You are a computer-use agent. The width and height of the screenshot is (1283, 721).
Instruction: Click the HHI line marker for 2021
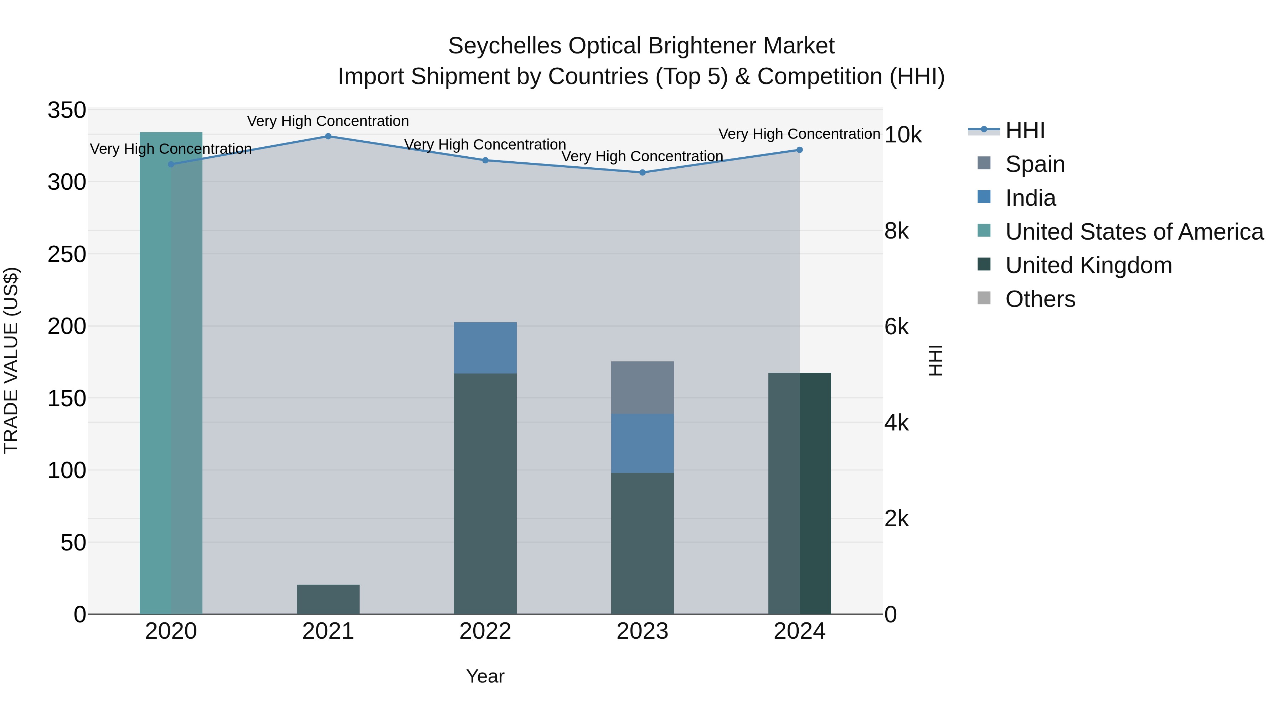point(328,136)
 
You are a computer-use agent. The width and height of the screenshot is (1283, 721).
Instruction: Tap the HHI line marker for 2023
point(643,173)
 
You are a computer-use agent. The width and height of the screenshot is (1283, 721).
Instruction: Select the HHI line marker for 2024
point(799,150)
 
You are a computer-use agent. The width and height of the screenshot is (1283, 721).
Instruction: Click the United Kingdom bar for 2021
point(328,599)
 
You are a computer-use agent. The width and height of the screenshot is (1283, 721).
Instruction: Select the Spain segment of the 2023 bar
point(643,388)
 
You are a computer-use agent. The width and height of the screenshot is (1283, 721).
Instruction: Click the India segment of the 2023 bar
point(643,443)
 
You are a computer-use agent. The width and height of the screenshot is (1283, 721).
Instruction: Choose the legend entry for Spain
point(1035,164)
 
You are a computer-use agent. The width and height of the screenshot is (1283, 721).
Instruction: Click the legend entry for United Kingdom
point(1088,265)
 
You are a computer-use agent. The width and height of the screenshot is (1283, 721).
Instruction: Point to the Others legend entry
point(1040,299)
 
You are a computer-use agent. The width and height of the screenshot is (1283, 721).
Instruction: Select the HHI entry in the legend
point(1025,130)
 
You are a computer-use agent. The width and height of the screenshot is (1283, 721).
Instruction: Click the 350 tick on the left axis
point(67,110)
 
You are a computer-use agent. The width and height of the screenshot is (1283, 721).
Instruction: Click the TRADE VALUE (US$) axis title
point(11,360)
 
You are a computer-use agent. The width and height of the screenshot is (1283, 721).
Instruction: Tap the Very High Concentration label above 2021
point(328,121)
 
